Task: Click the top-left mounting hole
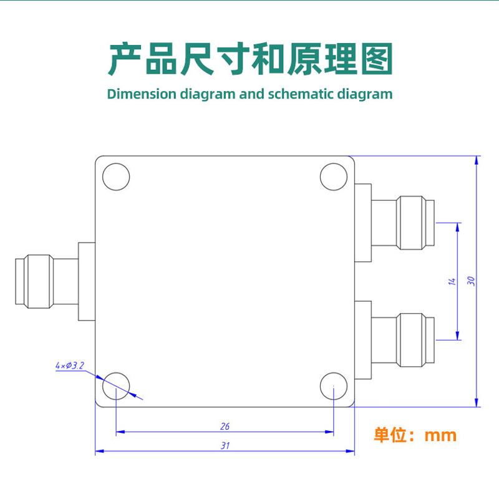pyautogui.click(x=116, y=177)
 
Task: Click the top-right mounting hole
pyautogui.click(x=334, y=177)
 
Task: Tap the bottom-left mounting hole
pyautogui.click(x=116, y=386)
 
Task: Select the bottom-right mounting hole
pyautogui.click(x=334, y=386)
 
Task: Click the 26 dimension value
pyautogui.click(x=225, y=427)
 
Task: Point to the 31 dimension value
pyautogui.click(x=225, y=445)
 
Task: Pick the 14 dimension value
pyautogui.click(x=452, y=281)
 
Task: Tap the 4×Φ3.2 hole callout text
pyautogui.click(x=70, y=366)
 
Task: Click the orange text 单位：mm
pyautogui.click(x=415, y=435)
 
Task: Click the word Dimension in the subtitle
pyautogui.click(x=142, y=94)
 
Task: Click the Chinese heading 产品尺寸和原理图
pyautogui.click(x=250, y=60)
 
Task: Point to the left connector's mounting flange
pyautogui.click(x=86, y=281)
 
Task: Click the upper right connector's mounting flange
pyautogui.click(x=362, y=222)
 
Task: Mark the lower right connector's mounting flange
pyautogui.click(x=362, y=339)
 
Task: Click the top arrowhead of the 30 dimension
pyautogui.click(x=477, y=160)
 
